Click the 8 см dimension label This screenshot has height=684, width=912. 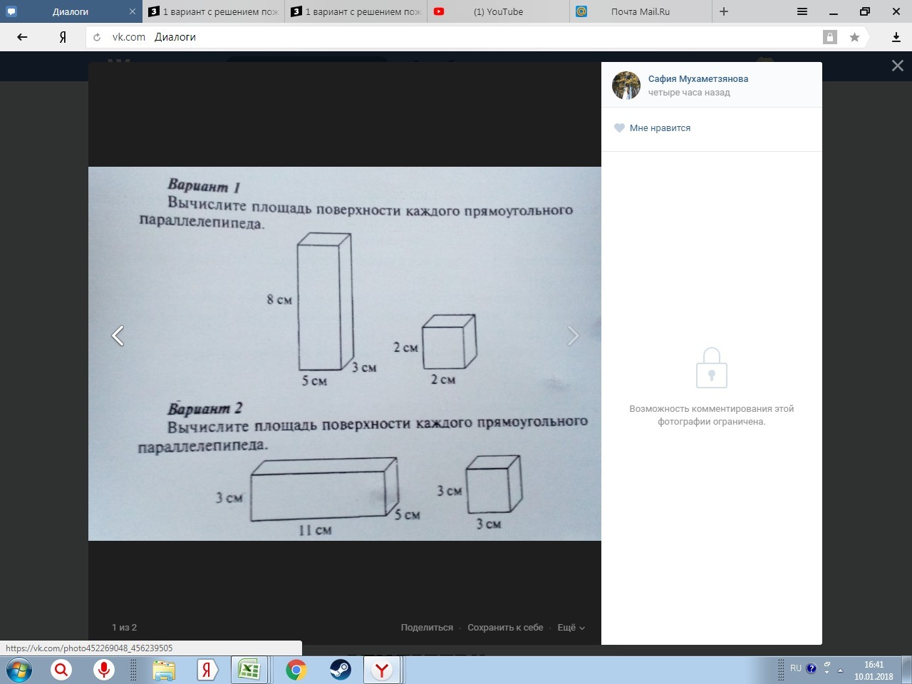[x=279, y=299]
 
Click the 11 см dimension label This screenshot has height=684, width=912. [x=315, y=530]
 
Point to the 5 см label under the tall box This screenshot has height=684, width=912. [x=314, y=380]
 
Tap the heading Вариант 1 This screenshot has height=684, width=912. [x=204, y=186]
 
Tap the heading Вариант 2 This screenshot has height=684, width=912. [x=204, y=409]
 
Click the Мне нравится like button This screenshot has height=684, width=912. [x=653, y=128]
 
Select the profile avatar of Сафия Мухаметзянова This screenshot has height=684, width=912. [x=626, y=85]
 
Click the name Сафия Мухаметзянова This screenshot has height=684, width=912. [x=698, y=79]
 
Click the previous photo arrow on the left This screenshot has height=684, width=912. [x=118, y=336]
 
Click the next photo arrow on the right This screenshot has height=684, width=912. [x=573, y=336]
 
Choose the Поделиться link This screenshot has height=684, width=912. [x=427, y=628]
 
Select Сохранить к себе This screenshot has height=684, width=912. [x=505, y=628]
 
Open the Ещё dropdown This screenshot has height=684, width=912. [x=571, y=628]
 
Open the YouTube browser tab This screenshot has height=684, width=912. [x=498, y=11]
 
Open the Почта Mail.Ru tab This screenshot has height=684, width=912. [x=641, y=11]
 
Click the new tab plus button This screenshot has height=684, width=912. [x=724, y=11]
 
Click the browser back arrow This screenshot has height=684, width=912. [x=22, y=37]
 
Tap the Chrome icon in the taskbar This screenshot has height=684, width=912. [x=296, y=670]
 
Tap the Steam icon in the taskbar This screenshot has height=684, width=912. [x=340, y=670]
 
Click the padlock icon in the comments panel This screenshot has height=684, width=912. [x=711, y=368]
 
